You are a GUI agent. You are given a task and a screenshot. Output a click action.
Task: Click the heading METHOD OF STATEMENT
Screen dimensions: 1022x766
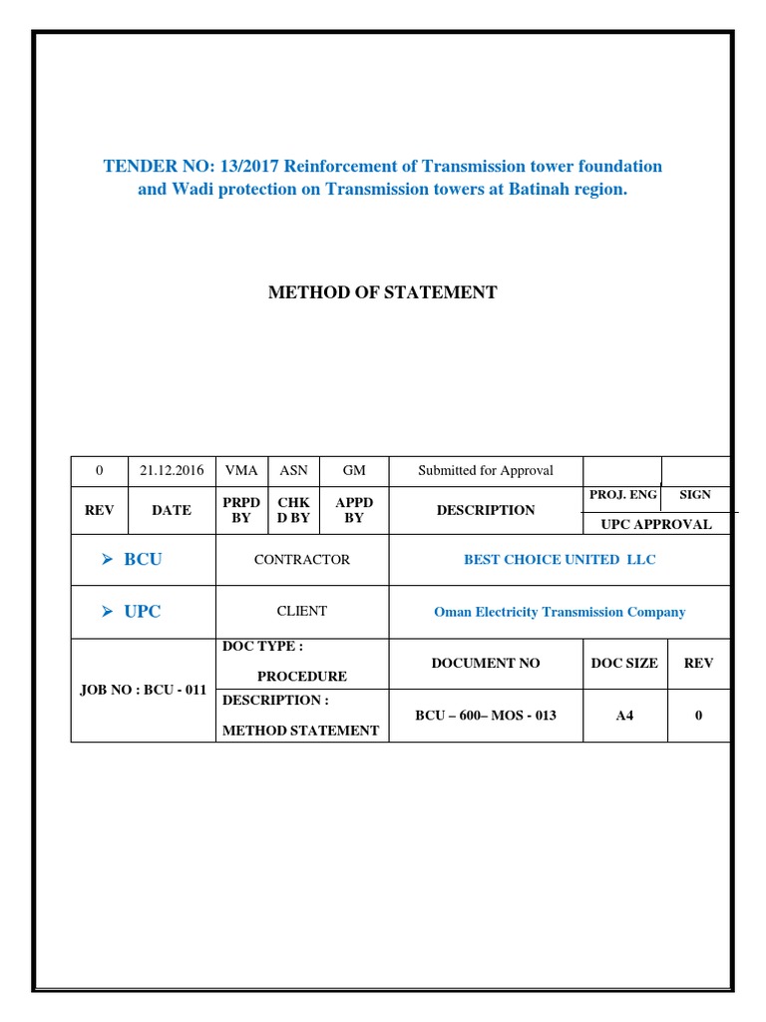(x=383, y=292)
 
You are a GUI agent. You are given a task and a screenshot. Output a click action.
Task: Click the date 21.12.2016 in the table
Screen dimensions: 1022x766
(x=172, y=470)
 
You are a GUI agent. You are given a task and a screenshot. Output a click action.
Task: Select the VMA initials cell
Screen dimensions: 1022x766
(x=241, y=470)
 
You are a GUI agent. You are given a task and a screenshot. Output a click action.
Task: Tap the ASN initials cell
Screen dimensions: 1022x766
(x=293, y=470)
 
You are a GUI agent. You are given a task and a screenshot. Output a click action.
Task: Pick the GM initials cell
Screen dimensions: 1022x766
(x=354, y=470)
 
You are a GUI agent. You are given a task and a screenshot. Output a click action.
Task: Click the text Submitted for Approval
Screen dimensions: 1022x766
(x=485, y=470)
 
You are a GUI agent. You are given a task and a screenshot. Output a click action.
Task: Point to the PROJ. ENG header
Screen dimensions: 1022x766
(x=623, y=495)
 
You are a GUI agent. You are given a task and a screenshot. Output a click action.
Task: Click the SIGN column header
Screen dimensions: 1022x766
(x=695, y=495)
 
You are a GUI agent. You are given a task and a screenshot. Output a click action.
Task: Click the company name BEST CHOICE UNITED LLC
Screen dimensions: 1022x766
(x=560, y=560)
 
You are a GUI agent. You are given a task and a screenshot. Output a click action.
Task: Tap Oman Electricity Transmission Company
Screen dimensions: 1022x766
(x=560, y=612)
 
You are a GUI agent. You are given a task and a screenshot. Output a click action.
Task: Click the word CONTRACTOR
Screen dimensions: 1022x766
(x=302, y=560)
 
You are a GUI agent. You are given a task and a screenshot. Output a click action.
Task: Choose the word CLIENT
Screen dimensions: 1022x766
(x=302, y=611)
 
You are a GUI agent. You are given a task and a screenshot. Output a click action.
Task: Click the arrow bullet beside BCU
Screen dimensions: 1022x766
(x=109, y=560)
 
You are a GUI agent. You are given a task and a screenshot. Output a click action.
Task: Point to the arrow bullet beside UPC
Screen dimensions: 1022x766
(x=109, y=612)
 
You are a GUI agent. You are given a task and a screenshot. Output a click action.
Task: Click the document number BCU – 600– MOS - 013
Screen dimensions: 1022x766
(x=485, y=716)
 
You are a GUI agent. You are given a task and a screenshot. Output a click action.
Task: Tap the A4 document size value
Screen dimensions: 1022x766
(x=624, y=716)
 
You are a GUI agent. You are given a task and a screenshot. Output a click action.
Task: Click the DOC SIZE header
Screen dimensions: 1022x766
(x=624, y=663)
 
